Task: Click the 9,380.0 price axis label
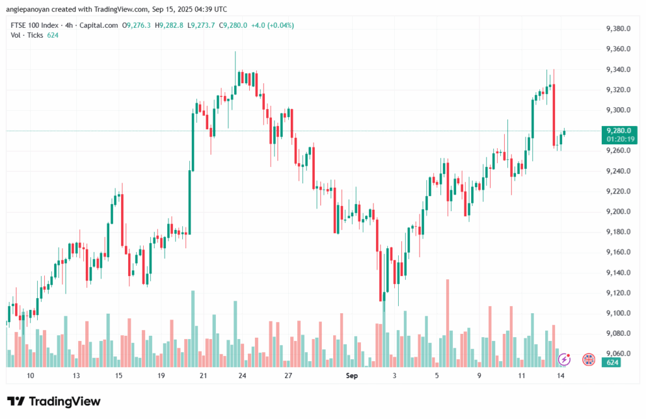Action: point(618,29)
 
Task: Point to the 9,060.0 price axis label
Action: point(618,353)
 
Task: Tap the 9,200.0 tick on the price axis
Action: point(618,212)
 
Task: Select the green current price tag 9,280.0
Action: point(618,130)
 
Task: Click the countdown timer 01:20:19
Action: point(619,139)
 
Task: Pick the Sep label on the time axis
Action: point(352,376)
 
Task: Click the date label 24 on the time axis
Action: point(242,376)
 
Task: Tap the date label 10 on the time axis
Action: point(30,376)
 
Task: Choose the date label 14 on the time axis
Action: point(560,376)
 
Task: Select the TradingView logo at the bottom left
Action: point(54,401)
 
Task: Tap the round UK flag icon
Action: point(589,359)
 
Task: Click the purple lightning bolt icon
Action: point(565,359)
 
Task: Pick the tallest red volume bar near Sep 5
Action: point(448,323)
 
